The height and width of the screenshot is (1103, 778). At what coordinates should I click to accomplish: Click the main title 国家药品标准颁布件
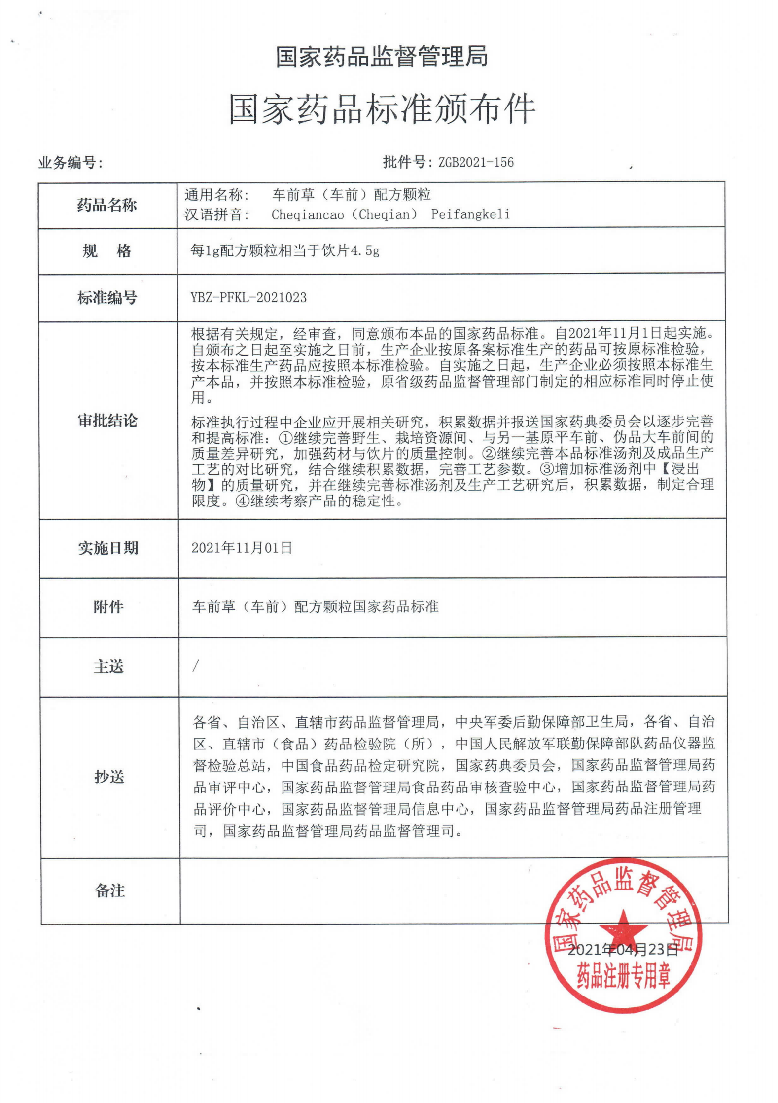point(382,109)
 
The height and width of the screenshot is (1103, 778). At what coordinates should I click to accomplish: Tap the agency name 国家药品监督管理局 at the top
point(382,56)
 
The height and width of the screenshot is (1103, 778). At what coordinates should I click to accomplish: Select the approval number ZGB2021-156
point(476,162)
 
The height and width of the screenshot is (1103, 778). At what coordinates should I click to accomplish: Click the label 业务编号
point(70,163)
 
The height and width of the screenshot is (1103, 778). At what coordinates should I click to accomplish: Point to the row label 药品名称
point(107,205)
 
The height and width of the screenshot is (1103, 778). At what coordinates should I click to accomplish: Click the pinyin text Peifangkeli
point(470,214)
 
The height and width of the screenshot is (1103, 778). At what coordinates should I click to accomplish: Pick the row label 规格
point(107,251)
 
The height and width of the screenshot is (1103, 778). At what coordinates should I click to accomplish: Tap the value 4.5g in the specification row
point(365,251)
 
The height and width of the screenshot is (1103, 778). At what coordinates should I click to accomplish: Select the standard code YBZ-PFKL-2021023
point(248,297)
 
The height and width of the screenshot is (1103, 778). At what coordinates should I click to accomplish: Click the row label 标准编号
point(107,297)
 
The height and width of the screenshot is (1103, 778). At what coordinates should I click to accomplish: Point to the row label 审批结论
point(107,421)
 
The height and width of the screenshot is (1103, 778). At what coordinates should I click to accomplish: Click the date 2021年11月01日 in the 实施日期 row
point(242,548)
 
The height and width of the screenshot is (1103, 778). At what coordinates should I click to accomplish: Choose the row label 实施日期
point(108,548)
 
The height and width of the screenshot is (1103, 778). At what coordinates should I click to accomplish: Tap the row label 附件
point(108,607)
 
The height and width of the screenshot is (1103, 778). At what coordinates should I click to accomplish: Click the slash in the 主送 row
point(196,666)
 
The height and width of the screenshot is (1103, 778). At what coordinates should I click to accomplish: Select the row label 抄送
point(109,777)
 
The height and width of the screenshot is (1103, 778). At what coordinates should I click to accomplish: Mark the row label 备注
point(110,890)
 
